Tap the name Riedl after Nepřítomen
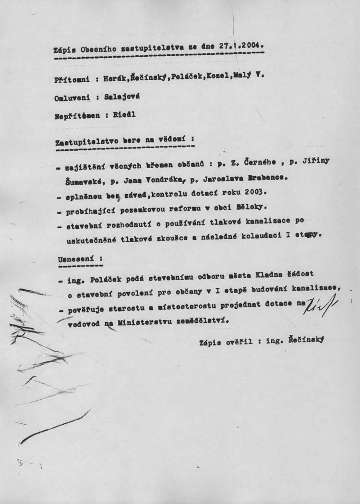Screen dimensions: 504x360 point(125,115)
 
